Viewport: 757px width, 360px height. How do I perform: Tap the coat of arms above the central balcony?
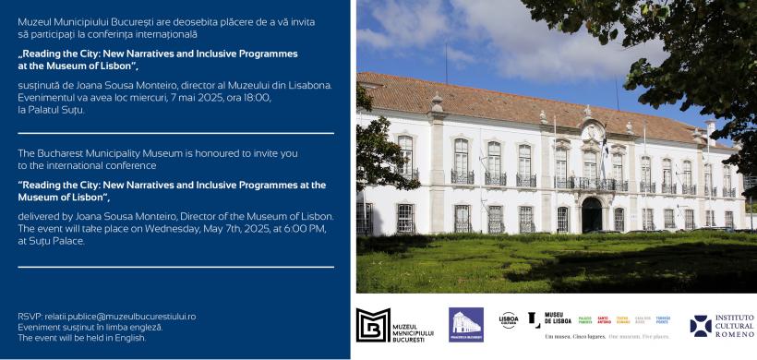point(591,134)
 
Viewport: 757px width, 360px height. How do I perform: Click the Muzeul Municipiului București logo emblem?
point(373,325)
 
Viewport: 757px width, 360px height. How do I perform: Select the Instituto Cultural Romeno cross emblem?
point(701,326)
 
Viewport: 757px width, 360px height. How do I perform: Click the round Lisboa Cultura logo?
point(508,319)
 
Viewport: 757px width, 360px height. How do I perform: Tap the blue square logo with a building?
point(466,325)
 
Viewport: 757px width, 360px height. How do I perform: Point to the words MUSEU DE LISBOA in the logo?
point(559,319)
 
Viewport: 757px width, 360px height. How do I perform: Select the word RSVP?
point(29,316)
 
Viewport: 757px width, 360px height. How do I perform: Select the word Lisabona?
point(308,85)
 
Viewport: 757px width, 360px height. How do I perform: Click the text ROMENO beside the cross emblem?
point(735,333)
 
